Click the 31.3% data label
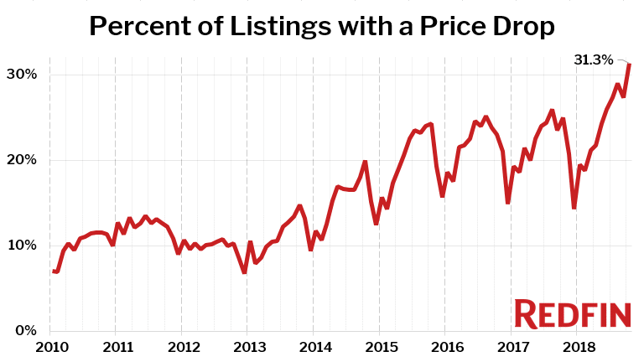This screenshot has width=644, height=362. point(594,59)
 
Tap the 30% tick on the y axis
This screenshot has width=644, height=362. point(23,75)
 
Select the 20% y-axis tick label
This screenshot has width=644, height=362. point(23,160)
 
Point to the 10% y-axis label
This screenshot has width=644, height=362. point(23,246)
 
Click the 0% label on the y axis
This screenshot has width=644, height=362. point(26,331)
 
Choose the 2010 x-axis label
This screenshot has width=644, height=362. point(52,346)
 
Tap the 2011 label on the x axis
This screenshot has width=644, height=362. point(117,346)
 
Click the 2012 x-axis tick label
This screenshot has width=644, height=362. point(183,346)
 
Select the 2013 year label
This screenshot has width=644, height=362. point(248,346)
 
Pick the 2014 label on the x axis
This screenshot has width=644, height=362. point(314,346)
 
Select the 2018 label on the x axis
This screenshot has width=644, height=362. point(576,346)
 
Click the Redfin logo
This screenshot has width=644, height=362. point(572,313)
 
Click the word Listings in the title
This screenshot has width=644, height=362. point(281,27)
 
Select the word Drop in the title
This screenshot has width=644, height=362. point(522,27)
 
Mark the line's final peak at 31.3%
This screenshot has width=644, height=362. point(630,65)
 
